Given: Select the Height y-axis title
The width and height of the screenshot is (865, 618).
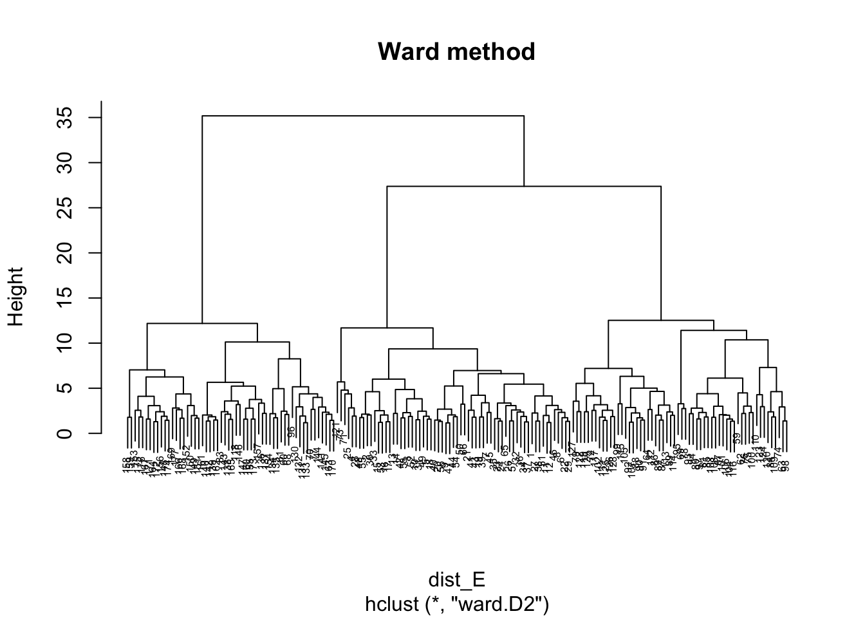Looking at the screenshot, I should (x=15, y=297).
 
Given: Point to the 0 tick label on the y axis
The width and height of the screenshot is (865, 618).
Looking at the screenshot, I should (x=64, y=433).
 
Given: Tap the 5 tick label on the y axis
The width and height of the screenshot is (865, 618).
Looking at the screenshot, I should (x=64, y=388).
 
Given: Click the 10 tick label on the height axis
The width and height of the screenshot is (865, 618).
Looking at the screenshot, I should (x=64, y=343).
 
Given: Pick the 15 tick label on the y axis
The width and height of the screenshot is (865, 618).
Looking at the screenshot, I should (x=64, y=298).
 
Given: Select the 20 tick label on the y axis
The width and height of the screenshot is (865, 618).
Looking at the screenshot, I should (x=64, y=253).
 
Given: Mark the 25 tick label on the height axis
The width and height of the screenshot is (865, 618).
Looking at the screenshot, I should (x=64, y=208).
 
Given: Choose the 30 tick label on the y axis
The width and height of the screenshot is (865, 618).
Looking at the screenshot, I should (x=64, y=163).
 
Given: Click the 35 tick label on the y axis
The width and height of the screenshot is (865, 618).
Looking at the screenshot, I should (x=64, y=118).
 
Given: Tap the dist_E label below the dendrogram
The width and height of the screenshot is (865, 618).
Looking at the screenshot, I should (x=456, y=580).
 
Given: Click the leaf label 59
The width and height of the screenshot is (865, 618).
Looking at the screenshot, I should (x=737, y=438).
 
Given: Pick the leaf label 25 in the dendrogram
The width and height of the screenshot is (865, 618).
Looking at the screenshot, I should (x=348, y=453).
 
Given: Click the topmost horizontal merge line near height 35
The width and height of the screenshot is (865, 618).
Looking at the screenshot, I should (x=363, y=116).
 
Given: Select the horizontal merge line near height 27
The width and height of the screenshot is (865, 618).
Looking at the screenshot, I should (x=524, y=186).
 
